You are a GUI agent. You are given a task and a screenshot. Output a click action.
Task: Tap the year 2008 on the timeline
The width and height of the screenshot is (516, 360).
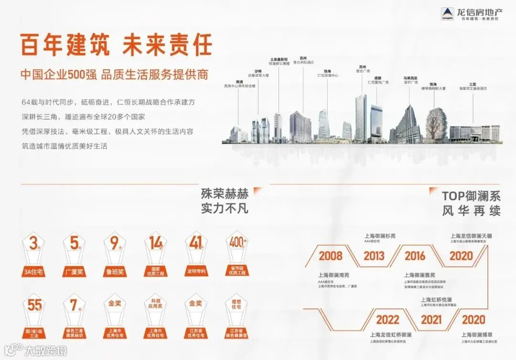tap(331, 255)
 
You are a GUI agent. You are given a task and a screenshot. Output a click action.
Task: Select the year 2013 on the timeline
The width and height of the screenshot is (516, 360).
tap(374, 255)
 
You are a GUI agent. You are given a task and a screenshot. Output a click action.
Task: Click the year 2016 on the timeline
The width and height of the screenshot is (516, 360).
tap(415, 255)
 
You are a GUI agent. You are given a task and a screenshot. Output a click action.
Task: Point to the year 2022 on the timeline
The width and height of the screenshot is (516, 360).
tap(387, 319)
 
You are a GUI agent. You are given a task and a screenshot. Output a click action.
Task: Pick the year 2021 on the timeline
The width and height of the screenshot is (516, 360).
tap(431, 319)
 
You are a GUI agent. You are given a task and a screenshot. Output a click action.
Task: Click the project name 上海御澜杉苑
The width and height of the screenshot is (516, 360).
tap(380, 236)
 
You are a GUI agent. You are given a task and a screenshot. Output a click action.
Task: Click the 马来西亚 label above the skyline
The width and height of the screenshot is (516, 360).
tap(411, 77)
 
